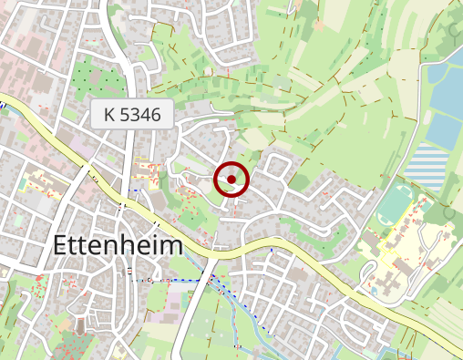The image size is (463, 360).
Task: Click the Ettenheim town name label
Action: click(118, 245)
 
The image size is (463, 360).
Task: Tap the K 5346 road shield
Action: click(132, 116)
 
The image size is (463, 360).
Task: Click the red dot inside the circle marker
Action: click(231, 180)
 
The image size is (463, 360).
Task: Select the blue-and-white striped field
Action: click(426, 166)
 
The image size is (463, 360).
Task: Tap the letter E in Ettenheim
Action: click(62, 245)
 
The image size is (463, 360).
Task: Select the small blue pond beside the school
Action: click(374, 291)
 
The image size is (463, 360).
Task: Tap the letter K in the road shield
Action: click(110, 116)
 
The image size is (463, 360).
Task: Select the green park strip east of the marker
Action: click(328, 237)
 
